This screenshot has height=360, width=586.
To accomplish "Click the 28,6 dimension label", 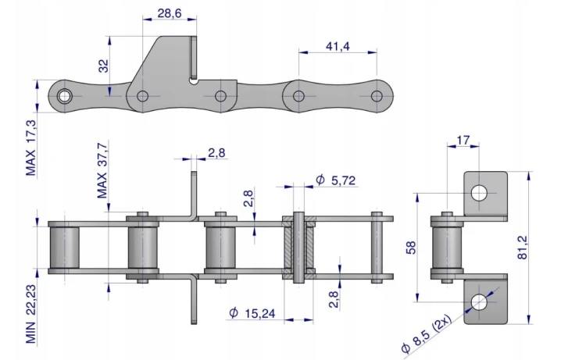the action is click(170, 13).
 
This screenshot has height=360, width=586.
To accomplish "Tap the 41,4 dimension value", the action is click(338, 46).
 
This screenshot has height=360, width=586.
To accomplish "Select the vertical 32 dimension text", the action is click(103, 66).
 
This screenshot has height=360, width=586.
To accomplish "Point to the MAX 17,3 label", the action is click(30, 148).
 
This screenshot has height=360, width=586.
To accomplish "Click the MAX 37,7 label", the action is click(102, 170).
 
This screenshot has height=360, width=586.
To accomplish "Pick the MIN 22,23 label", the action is click(30, 314).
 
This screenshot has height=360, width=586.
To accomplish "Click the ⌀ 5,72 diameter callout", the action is click(336, 180).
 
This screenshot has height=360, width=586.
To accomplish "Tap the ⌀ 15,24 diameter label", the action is click(252, 313).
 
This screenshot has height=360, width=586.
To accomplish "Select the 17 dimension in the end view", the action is click(463, 141).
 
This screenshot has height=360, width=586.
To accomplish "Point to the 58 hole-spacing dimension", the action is click(411, 248).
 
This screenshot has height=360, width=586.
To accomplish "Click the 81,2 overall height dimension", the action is click(522, 248).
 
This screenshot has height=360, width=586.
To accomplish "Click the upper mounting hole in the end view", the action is click(479, 193).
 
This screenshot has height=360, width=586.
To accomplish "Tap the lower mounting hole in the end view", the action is click(479, 301).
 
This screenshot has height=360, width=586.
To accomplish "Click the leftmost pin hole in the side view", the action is click(64, 96).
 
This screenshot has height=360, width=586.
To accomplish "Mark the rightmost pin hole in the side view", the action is click(377, 96).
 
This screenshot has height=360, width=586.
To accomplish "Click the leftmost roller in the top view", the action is click(64, 248).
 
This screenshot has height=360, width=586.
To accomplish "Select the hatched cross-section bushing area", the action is click(298, 248).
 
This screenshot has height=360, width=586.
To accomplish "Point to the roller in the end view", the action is click(447, 248).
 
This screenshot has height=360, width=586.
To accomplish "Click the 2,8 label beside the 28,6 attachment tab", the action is click(216, 153).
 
